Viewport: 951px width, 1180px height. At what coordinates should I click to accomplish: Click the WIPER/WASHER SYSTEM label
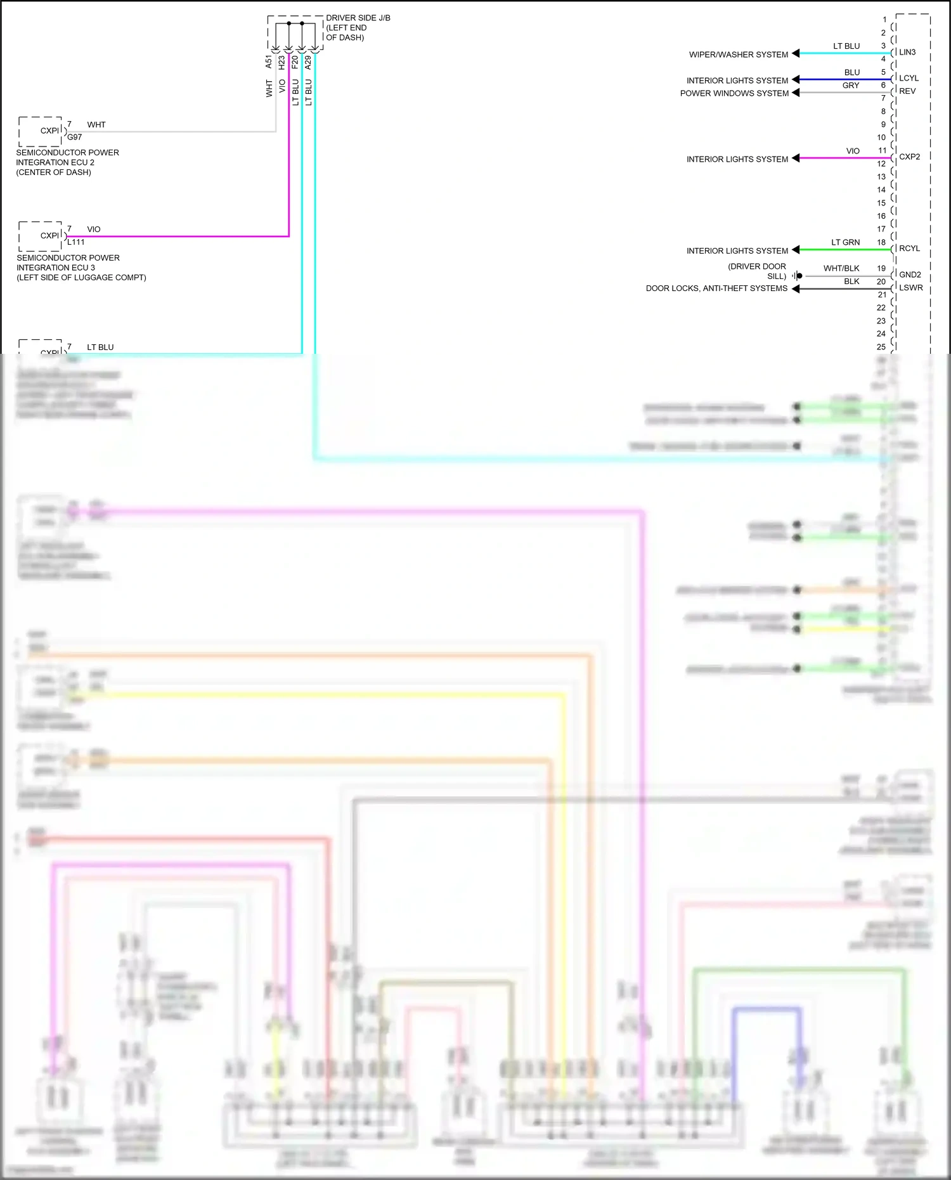coord(739,55)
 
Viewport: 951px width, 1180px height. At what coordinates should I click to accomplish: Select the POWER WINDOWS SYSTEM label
coord(734,93)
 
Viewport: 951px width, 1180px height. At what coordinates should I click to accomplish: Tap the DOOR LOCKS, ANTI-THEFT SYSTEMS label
coord(716,289)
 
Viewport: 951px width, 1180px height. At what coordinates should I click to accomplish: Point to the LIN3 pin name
coord(907,52)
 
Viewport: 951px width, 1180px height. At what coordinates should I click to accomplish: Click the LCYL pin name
coord(909,78)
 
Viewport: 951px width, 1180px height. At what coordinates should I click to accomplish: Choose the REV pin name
coord(907,91)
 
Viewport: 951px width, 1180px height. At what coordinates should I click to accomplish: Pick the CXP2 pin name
coord(909,157)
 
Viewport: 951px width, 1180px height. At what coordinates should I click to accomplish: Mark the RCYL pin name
coord(909,249)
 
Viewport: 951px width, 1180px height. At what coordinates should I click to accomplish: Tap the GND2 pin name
coord(910,275)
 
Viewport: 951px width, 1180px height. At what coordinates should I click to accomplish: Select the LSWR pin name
coord(910,288)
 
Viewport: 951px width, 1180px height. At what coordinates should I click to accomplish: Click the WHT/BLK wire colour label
coord(841,269)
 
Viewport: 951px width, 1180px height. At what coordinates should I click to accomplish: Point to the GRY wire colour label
coord(851,86)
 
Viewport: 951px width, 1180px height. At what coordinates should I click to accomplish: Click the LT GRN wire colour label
coord(846,243)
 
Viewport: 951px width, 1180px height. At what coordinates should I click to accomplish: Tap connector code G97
coord(75,137)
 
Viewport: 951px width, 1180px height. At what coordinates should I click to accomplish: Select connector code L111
coord(76,242)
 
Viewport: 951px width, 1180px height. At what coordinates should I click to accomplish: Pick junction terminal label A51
coord(269,62)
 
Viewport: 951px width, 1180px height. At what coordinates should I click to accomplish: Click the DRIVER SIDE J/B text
coord(358,18)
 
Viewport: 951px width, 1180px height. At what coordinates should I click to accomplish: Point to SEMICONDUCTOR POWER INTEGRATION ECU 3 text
coord(68,263)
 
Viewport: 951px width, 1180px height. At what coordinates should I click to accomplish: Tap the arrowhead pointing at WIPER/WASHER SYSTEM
coord(796,54)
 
